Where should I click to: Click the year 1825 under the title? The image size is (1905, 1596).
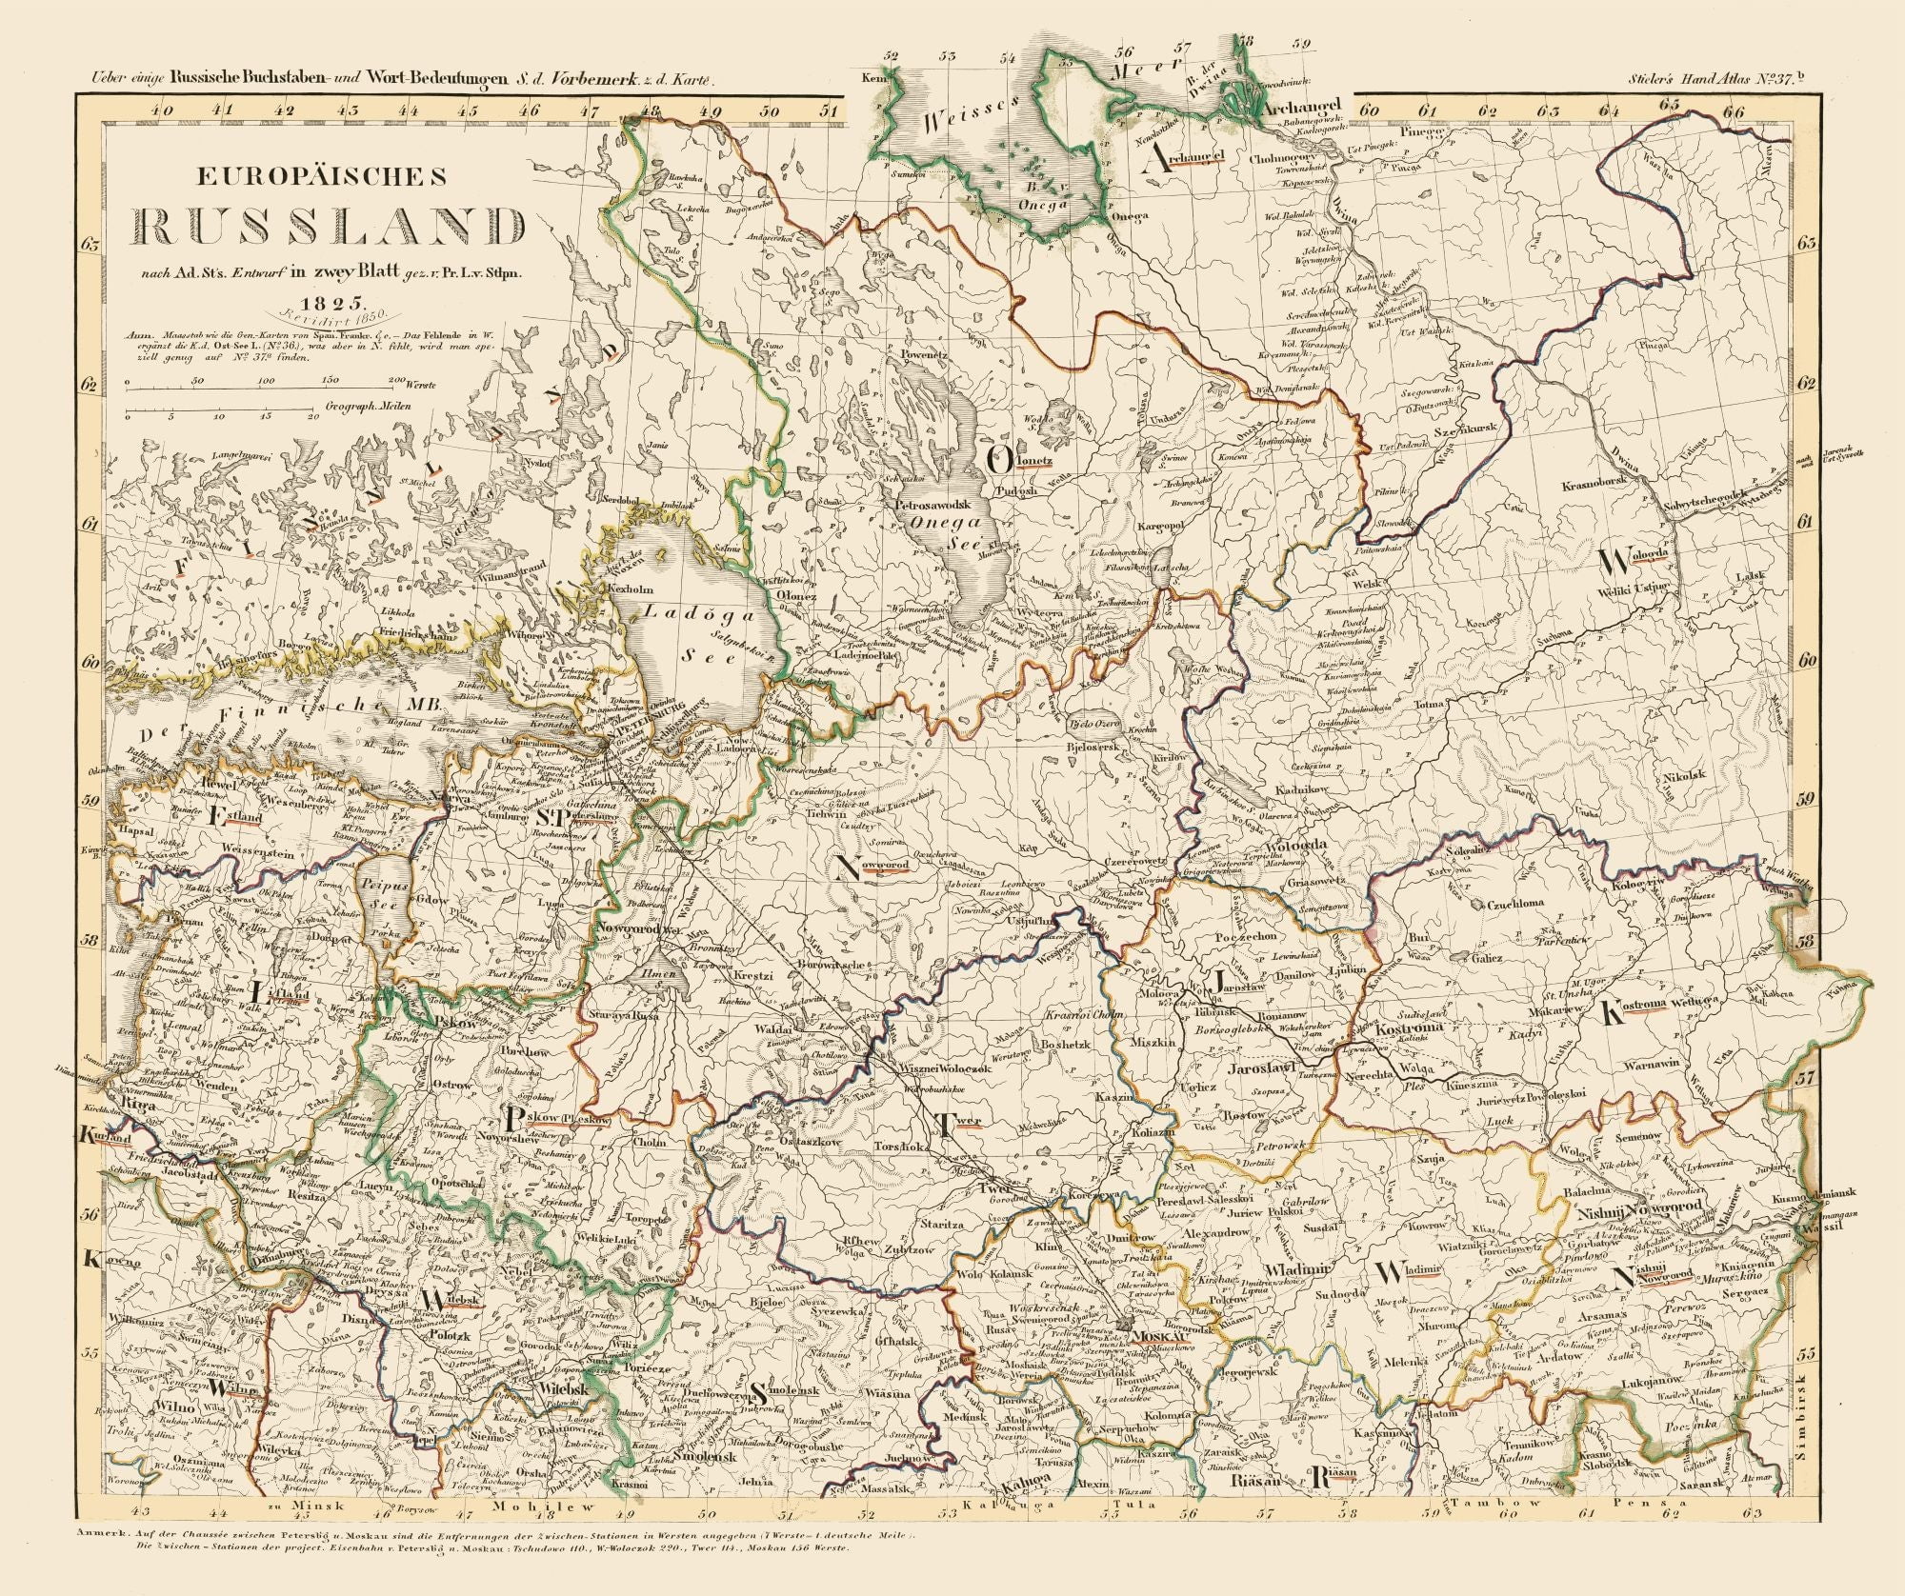click(316, 304)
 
